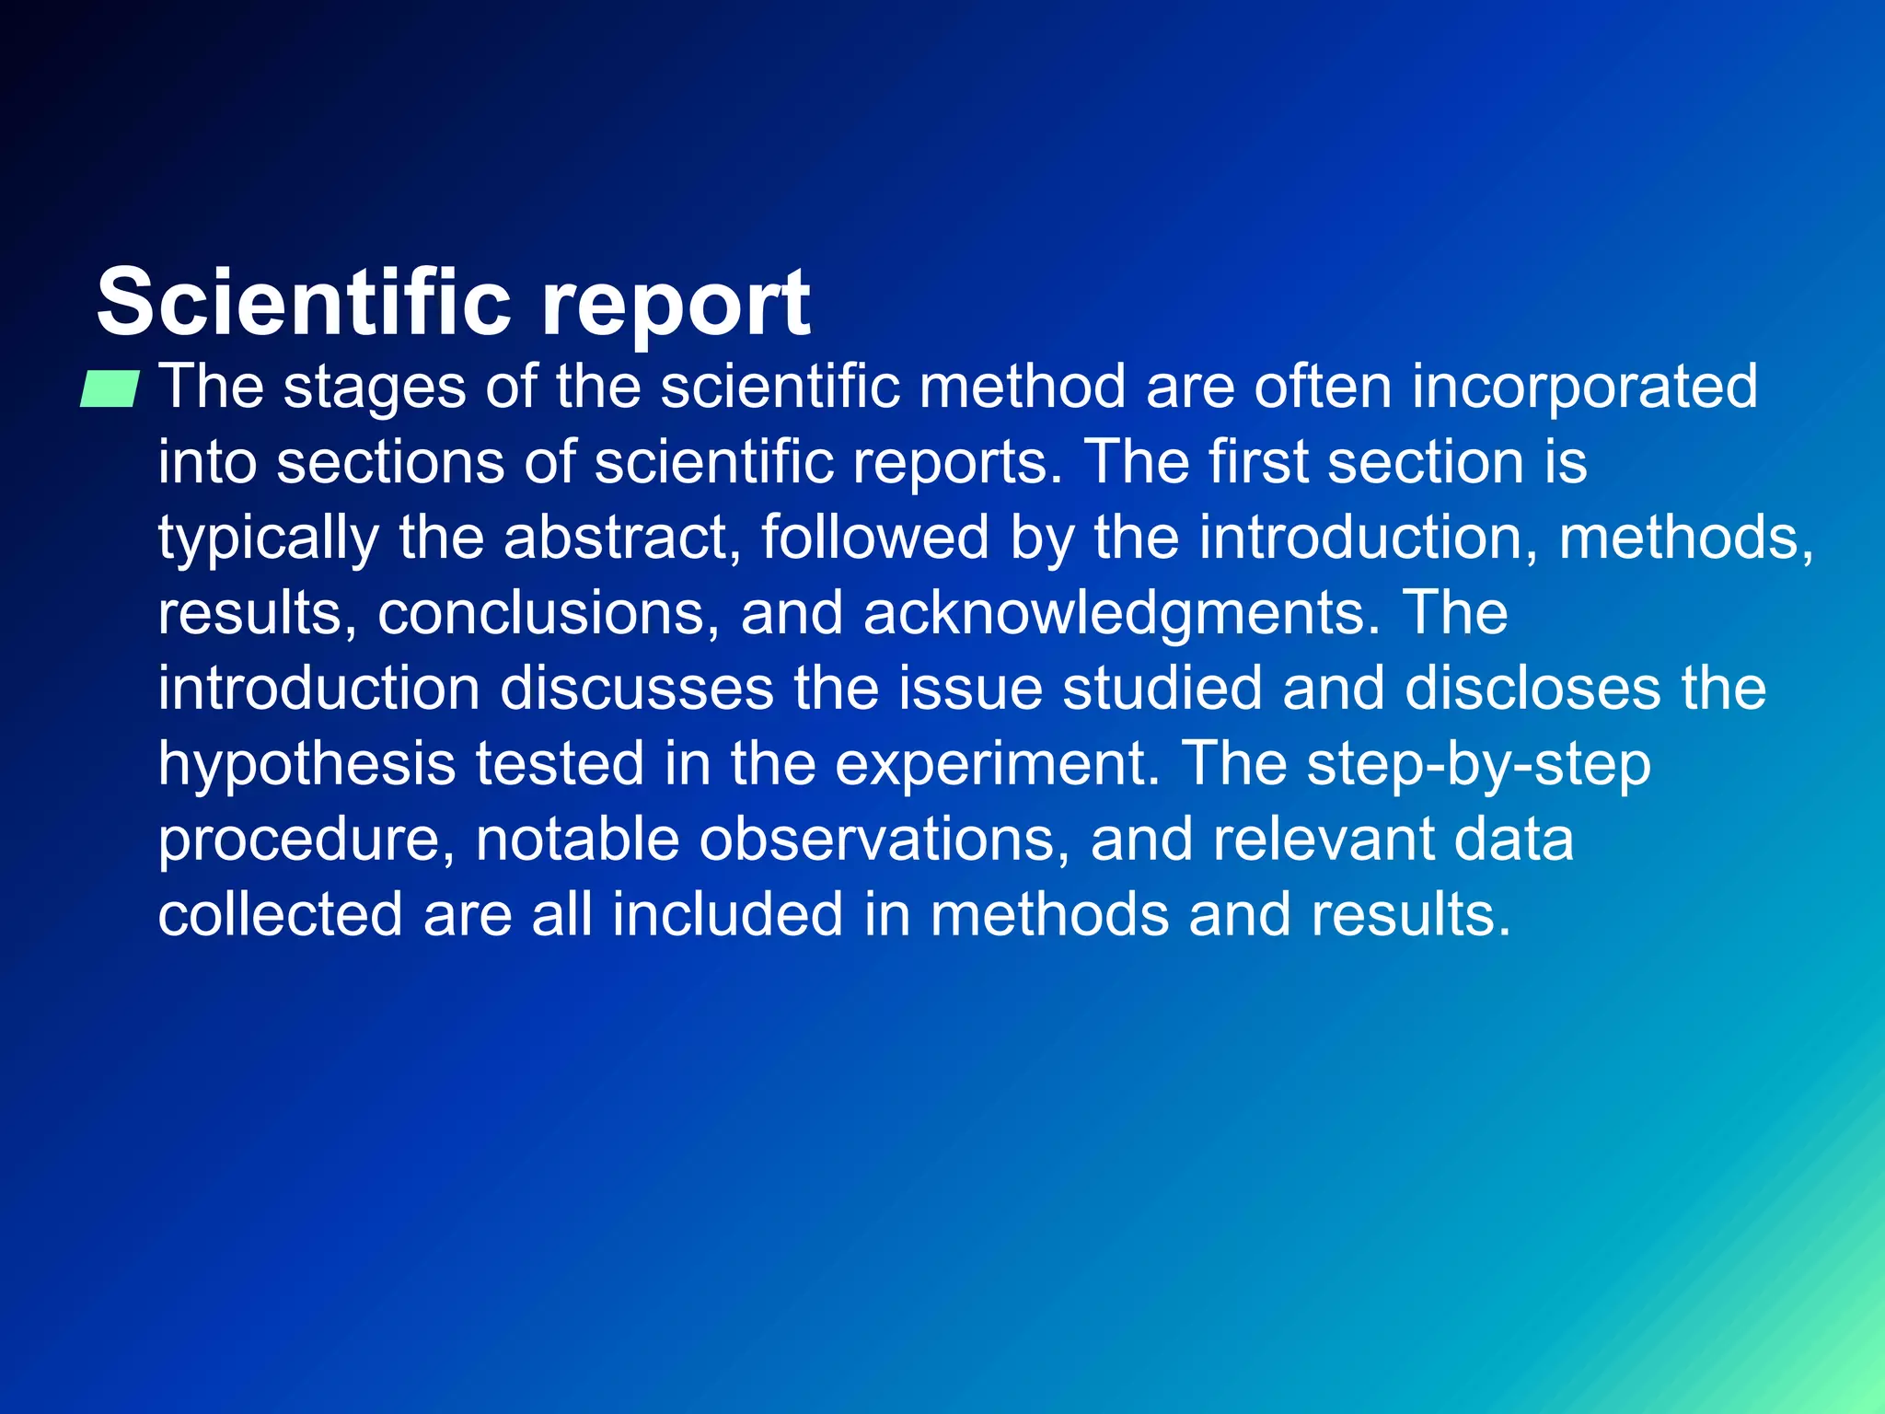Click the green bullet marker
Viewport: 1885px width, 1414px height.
[110, 388]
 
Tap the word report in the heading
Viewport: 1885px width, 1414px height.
[676, 303]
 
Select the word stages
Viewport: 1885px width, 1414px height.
[375, 387]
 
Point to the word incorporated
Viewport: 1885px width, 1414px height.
[1584, 387]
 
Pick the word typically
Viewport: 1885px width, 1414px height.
[268, 538]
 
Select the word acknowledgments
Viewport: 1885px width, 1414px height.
[1122, 613]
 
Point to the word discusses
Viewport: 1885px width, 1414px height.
[637, 689]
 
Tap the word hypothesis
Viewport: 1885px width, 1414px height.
[306, 764]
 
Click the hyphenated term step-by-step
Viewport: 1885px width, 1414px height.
[1478, 764]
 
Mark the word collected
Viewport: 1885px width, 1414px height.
[280, 915]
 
